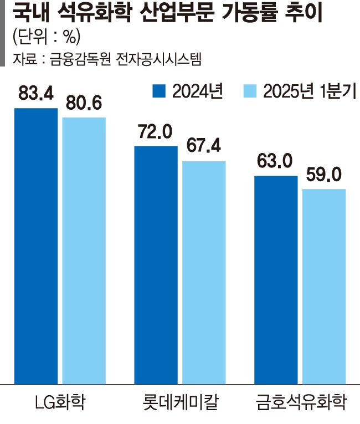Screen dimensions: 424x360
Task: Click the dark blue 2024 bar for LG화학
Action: coord(36,246)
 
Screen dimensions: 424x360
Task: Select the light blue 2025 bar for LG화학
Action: coord(84,250)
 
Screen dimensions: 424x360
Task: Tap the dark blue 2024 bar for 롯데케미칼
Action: coord(156,265)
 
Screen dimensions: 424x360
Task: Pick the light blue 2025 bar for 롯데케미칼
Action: coord(204,272)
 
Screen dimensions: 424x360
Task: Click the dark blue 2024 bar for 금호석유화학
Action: coord(276,279)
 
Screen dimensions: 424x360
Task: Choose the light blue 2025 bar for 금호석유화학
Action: coord(324,286)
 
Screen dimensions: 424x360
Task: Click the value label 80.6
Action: coord(84,104)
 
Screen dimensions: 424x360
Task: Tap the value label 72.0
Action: coord(156,133)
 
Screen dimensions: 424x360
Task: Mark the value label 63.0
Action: coord(275,162)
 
